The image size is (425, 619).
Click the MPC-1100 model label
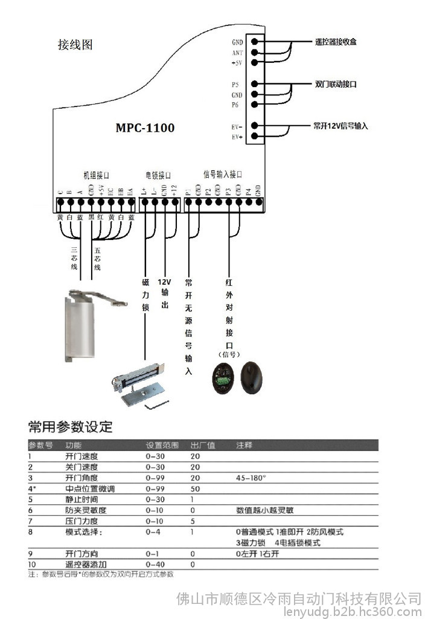coord(145,128)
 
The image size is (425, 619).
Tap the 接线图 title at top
coord(75,45)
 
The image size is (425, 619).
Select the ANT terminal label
coord(237,53)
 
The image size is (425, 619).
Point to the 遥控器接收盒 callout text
coord(336,42)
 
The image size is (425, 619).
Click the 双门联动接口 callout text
coord(336,84)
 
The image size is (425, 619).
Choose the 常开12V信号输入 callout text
coord(340,126)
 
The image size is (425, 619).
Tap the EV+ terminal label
coord(237,137)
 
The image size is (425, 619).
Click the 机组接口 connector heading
coord(96,175)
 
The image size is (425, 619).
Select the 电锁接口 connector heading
coord(158,175)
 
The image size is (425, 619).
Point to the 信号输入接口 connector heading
coord(223,174)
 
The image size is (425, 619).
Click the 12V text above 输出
coord(165,282)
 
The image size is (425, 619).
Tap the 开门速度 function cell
coord(81,456)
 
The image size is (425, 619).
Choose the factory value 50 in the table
coord(195,488)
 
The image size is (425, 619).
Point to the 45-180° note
coord(251,478)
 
